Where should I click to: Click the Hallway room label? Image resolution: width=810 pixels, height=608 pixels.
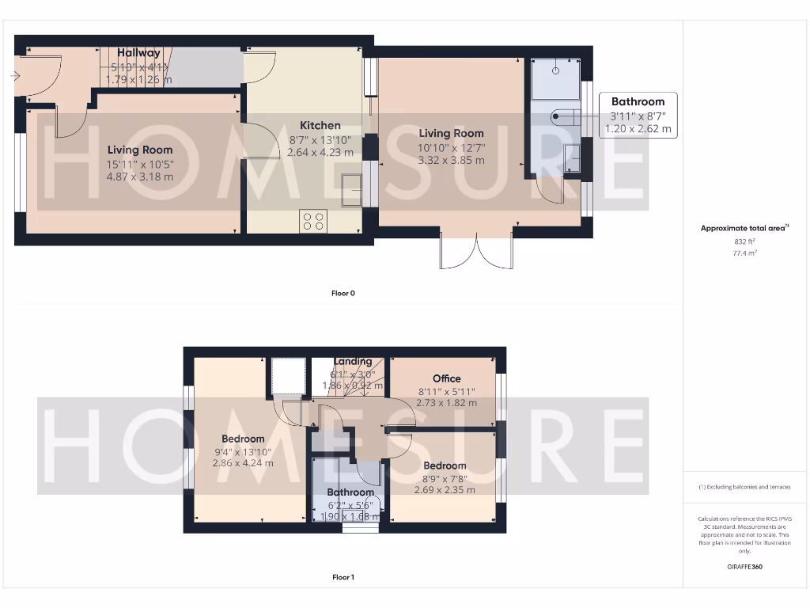tap(138, 53)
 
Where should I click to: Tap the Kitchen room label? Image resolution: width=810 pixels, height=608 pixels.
tap(320, 125)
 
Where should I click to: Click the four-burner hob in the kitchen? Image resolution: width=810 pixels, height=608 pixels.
tap(313, 220)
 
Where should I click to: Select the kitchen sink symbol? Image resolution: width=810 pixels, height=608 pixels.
tap(353, 189)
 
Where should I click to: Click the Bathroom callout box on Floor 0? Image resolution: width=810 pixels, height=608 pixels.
tap(638, 115)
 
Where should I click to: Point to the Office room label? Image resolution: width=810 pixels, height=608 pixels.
tap(446, 378)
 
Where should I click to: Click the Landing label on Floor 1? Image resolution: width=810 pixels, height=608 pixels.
tap(353, 362)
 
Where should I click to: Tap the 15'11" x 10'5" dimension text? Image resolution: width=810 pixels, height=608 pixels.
tap(140, 164)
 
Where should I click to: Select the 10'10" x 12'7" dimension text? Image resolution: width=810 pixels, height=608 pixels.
tap(451, 147)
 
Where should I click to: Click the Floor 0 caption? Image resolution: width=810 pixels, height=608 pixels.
tap(343, 293)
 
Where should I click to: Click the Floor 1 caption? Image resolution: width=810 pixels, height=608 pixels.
tap(343, 577)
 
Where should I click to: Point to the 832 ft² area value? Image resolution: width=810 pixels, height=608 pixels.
tap(744, 241)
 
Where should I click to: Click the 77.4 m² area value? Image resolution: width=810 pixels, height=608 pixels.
tap(744, 254)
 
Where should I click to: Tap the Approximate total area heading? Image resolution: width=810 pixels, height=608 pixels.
tap(744, 228)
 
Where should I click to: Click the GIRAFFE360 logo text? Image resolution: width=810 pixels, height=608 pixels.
tap(744, 567)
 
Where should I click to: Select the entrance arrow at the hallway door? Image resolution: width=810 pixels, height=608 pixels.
tap(14, 76)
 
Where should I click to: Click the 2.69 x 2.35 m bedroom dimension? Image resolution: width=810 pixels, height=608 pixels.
tap(445, 490)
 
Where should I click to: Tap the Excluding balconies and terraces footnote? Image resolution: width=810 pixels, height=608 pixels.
tap(744, 487)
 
